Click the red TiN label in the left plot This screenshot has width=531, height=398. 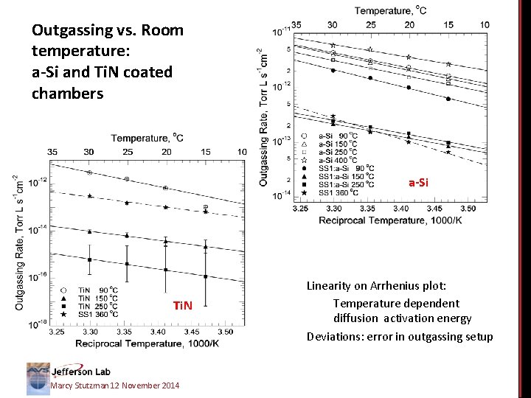click(182, 305)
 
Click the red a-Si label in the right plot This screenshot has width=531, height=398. click(418, 182)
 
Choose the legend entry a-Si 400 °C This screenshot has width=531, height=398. click(338, 159)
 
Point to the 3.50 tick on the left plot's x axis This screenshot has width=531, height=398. click(226, 332)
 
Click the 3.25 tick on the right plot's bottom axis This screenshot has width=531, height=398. click(300, 209)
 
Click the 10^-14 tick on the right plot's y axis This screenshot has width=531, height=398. click(280, 195)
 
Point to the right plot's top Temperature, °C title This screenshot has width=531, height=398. click(389, 10)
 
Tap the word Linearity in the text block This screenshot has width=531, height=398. click(336, 286)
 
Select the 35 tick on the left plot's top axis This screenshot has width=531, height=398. click(52, 151)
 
